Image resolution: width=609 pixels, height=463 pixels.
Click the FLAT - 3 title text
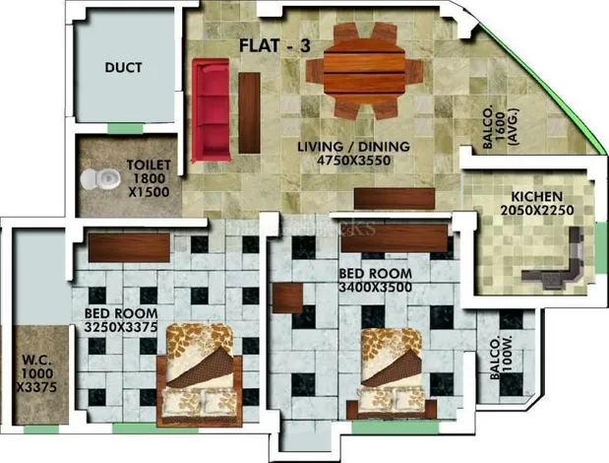tap(274, 46)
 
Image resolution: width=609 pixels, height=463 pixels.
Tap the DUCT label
tap(124, 68)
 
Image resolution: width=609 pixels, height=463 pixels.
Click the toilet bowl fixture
tap(99, 179)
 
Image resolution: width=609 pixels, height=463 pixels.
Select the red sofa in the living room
tap(211, 110)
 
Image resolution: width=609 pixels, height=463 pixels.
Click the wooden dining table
tap(364, 72)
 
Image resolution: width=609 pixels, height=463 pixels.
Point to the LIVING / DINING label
tap(353, 147)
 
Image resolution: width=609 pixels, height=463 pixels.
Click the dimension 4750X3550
tap(353, 161)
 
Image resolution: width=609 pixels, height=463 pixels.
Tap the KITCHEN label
tap(537, 196)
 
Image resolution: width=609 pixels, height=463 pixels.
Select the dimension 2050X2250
tap(537, 210)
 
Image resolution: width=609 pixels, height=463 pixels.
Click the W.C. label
tap(37, 360)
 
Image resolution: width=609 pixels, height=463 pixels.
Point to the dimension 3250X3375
tap(121, 327)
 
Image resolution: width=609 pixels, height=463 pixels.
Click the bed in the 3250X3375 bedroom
tap(200, 374)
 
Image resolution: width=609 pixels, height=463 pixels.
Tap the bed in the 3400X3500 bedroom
tap(392, 373)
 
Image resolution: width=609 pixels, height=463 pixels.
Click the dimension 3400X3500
tap(375, 288)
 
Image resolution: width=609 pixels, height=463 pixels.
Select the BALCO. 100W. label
tap(502, 358)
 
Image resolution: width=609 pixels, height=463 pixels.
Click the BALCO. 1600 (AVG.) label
tap(500, 127)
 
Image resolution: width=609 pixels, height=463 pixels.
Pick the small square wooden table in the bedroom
tap(287, 298)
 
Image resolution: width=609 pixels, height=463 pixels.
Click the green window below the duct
tap(126, 128)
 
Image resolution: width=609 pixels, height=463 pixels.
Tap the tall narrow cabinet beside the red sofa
tap(249, 112)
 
